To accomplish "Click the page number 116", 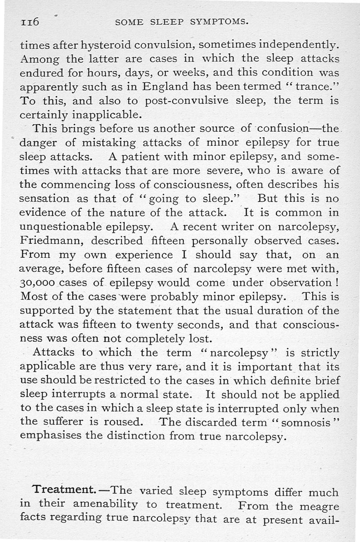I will pos(30,22).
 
